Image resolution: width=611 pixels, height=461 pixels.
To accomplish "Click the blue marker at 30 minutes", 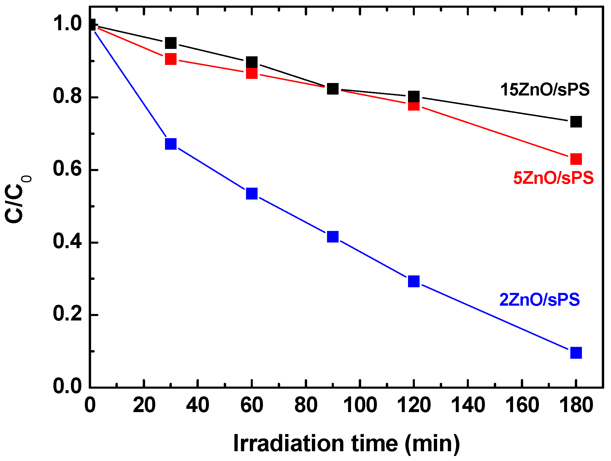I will tap(171, 144).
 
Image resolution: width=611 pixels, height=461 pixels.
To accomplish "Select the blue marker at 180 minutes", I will tap(576, 353).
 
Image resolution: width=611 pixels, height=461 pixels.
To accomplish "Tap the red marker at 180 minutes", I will tap(576, 159).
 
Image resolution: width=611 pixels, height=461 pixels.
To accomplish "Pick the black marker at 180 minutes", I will tap(576, 122).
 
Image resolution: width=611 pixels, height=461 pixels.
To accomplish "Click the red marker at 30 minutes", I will tap(171, 59).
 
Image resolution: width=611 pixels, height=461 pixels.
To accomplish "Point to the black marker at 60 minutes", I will tap(252, 63).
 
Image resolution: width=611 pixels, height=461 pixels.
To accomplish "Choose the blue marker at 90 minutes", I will tap(333, 237).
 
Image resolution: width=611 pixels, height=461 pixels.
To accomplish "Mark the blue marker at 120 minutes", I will tap(414, 281).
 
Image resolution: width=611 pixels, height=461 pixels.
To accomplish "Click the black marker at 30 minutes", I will tap(171, 43).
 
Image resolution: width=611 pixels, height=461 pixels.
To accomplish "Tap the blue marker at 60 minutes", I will tap(252, 194).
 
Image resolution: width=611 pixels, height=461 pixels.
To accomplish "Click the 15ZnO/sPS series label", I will tap(545, 90).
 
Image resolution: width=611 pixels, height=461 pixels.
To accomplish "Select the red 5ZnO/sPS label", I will tap(553, 178).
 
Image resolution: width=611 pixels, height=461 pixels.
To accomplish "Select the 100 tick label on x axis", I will tap(360, 405).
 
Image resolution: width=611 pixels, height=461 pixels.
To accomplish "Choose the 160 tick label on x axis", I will tap(522, 405).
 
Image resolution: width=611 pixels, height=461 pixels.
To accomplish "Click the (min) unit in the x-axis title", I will tap(432, 444).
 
